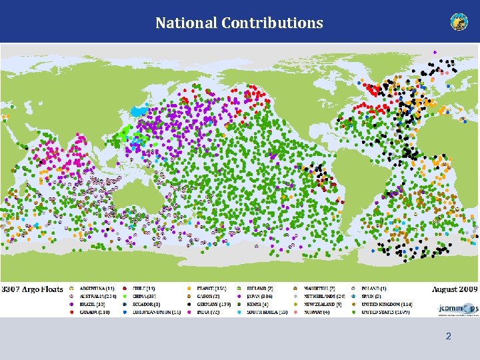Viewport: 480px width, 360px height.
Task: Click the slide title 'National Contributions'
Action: coord(239,23)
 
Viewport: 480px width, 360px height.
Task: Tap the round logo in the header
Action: coord(459,22)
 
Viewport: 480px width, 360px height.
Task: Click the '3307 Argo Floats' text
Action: coord(33,289)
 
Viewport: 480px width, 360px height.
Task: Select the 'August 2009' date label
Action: coord(455,289)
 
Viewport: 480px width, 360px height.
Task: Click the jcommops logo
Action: coord(457,307)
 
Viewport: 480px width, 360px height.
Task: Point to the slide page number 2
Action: coord(448,337)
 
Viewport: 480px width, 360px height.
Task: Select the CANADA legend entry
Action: coord(94,312)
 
